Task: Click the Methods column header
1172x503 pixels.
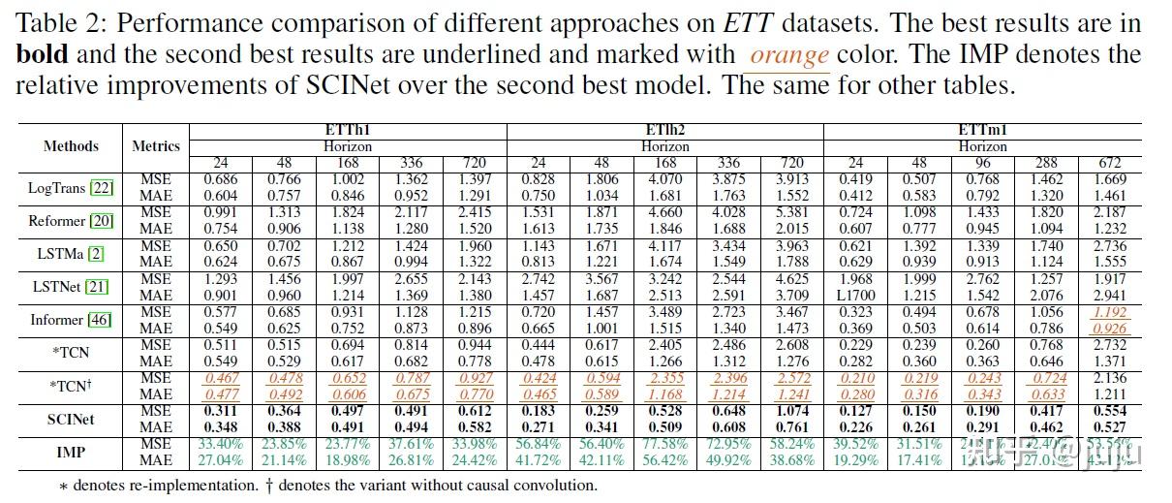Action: pyautogui.click(x=71, y=146)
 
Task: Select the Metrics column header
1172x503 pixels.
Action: pyautogui.click(x=156, y=146)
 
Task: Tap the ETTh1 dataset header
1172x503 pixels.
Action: pyautogui.click(x=348, y=130)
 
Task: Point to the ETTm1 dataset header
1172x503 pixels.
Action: pyautogui.click(x=982, y=130)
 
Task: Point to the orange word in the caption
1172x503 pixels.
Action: pyautogui.click(x=789, y=55)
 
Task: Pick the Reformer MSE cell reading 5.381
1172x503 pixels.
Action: pyautogui.click(x=791, y=212)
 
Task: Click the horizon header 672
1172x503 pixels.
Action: pyautogui.click(x=1109, y=163)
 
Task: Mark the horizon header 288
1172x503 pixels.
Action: pyautogui.click(x=1045, y=163)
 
